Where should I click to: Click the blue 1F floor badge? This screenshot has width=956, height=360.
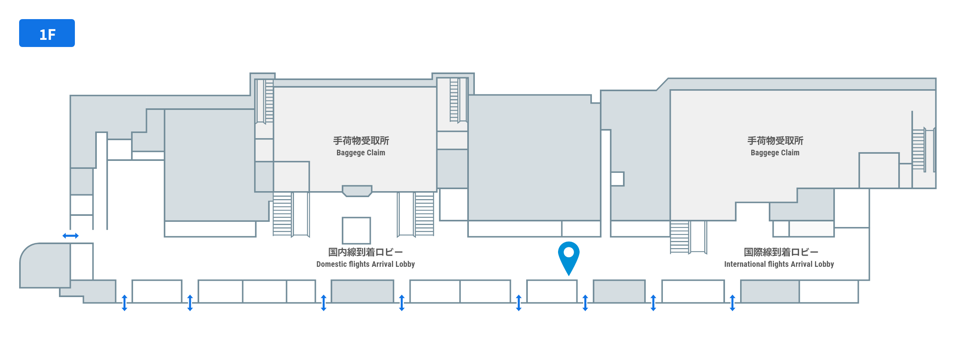click(47, 33)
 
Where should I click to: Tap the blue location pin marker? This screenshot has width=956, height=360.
click(569, 258)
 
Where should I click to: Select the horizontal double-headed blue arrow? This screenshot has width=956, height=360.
click(71, 236)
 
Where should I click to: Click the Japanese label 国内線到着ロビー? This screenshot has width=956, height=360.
click(365, 252)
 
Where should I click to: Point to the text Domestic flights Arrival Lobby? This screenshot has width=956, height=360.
click(366, 264)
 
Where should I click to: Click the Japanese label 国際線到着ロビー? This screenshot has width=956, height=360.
click(781, 252)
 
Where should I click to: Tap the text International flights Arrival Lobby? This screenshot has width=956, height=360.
click(779, 264)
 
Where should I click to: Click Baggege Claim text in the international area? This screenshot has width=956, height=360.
click(775, 153)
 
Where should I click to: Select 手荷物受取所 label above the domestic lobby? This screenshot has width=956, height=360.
click(361, 141)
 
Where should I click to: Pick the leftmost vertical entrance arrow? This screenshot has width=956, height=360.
click(125, 303)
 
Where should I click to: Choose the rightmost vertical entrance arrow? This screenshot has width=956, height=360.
click(733, 303)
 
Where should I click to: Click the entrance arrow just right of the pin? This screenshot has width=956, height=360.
click(585, 303)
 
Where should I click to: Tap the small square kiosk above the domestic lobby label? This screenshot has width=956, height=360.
click(357, 231)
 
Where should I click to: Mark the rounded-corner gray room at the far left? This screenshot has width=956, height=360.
click(45, 265)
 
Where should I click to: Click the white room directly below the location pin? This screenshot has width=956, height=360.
click(552, 292)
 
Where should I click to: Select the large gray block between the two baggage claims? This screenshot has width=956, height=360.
click(535, 158)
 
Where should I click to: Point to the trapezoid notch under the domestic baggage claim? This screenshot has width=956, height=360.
click(357, 191)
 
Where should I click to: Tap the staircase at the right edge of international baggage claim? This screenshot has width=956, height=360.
click(919, 150)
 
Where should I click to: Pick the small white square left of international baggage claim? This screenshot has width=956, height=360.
click(617, 179)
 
